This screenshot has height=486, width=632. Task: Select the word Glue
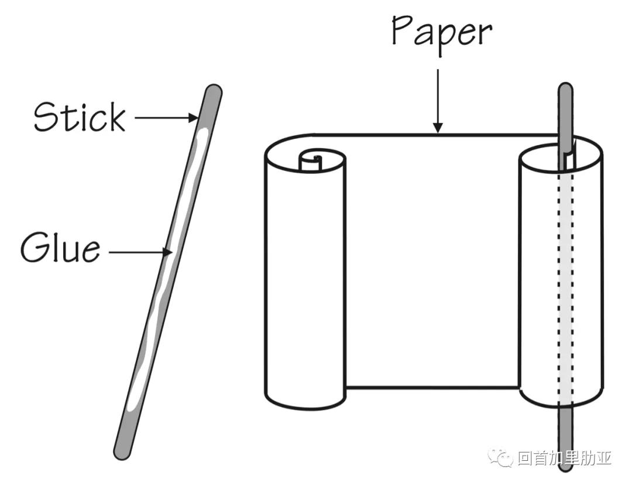click(x=60, y=249)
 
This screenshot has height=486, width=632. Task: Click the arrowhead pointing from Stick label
click(x=194, y=118)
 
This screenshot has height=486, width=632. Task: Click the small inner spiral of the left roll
click(x=313, y=160)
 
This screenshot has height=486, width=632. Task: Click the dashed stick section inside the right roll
click(x=565, y=281)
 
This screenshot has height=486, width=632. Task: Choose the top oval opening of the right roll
click(x=561, y=157)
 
